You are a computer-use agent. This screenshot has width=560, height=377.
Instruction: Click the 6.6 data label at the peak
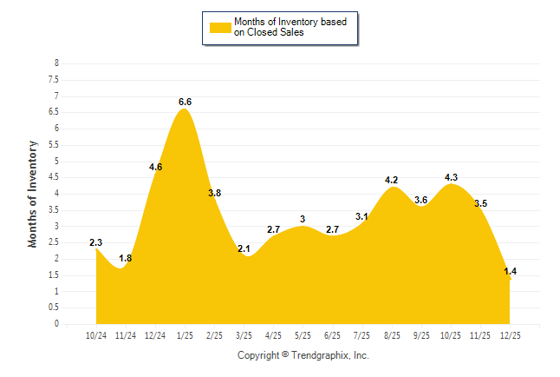click(185, 102)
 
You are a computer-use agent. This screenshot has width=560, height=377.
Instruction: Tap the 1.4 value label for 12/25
click(510, 272)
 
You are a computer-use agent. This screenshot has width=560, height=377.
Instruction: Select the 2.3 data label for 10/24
click(96, 242)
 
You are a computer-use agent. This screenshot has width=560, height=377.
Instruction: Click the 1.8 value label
click(125, 258)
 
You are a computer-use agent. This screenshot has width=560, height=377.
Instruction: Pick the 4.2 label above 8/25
click(391, 180)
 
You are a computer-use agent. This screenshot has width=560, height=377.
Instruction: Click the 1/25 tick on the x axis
click(185, 334)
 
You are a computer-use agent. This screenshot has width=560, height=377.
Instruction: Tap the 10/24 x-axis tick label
click(96, 334)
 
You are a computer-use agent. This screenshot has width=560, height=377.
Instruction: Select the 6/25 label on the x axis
click(333, 334)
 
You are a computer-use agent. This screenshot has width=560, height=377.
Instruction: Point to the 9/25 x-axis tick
click(421, 334)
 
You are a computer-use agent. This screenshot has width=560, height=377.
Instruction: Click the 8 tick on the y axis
click(56, 63)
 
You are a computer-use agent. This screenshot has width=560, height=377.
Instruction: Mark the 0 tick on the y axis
click(56, 324)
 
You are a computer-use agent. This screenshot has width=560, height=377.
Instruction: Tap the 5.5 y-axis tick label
click(55, 145)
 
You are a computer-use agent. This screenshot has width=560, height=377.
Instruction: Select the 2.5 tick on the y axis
click(55, 242)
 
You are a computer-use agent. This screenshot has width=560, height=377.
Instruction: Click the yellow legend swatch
click(219, 28)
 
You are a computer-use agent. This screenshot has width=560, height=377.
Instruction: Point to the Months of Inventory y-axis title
click(33, 194)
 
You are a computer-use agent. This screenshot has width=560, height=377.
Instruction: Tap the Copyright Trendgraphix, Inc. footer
click(303, 355)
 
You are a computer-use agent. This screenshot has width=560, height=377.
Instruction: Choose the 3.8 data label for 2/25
click(214, 193)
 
